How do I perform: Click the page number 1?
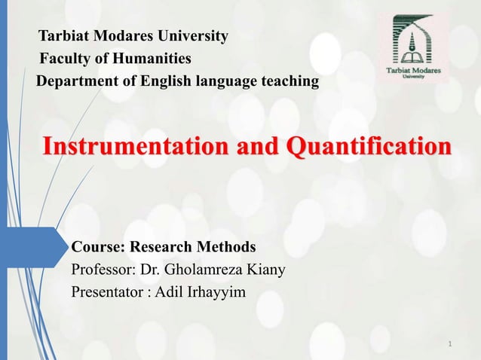[x=449, y=345]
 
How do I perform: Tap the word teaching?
[x=287, y=81]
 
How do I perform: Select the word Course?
[x=98, y=246]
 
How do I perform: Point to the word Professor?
[x=105, y=269]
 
